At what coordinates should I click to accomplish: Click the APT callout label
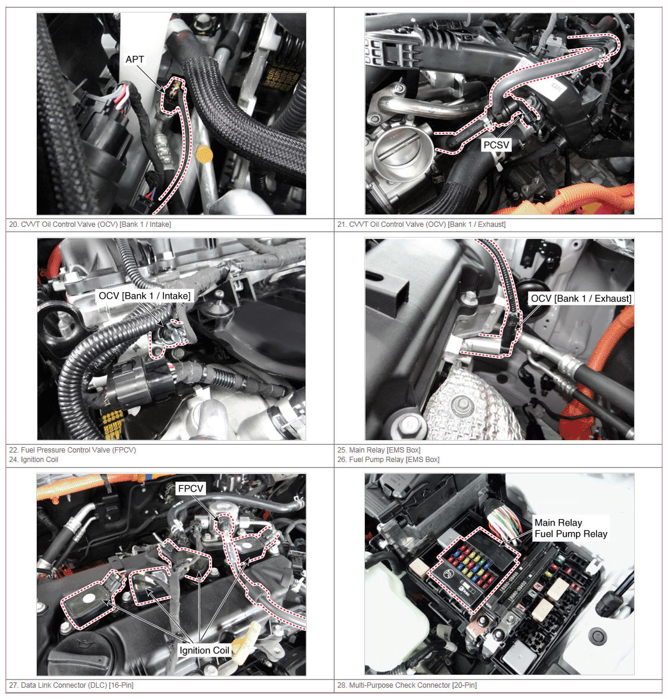135,59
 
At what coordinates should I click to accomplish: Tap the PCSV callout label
496,145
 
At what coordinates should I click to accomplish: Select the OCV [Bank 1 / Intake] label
144,296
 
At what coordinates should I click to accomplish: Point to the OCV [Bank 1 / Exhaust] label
581,299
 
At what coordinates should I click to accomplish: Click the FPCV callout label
191,489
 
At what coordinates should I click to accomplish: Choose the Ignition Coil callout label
204,650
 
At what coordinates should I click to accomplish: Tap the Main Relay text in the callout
558,523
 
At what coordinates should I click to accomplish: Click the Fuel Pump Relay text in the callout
571,534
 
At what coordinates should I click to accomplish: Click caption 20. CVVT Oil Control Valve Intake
90,224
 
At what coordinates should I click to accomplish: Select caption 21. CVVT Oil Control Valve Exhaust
421,224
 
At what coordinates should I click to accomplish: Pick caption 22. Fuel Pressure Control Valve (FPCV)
73,450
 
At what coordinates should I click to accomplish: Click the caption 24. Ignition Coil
33,460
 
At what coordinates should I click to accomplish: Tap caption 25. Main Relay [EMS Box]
379,450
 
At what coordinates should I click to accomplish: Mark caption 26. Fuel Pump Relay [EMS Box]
388,460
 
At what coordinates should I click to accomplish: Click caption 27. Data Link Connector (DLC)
71,685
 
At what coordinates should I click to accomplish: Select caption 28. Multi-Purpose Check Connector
407,685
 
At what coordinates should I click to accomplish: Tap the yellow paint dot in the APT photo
204,154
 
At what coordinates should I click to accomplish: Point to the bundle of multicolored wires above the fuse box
505,521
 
